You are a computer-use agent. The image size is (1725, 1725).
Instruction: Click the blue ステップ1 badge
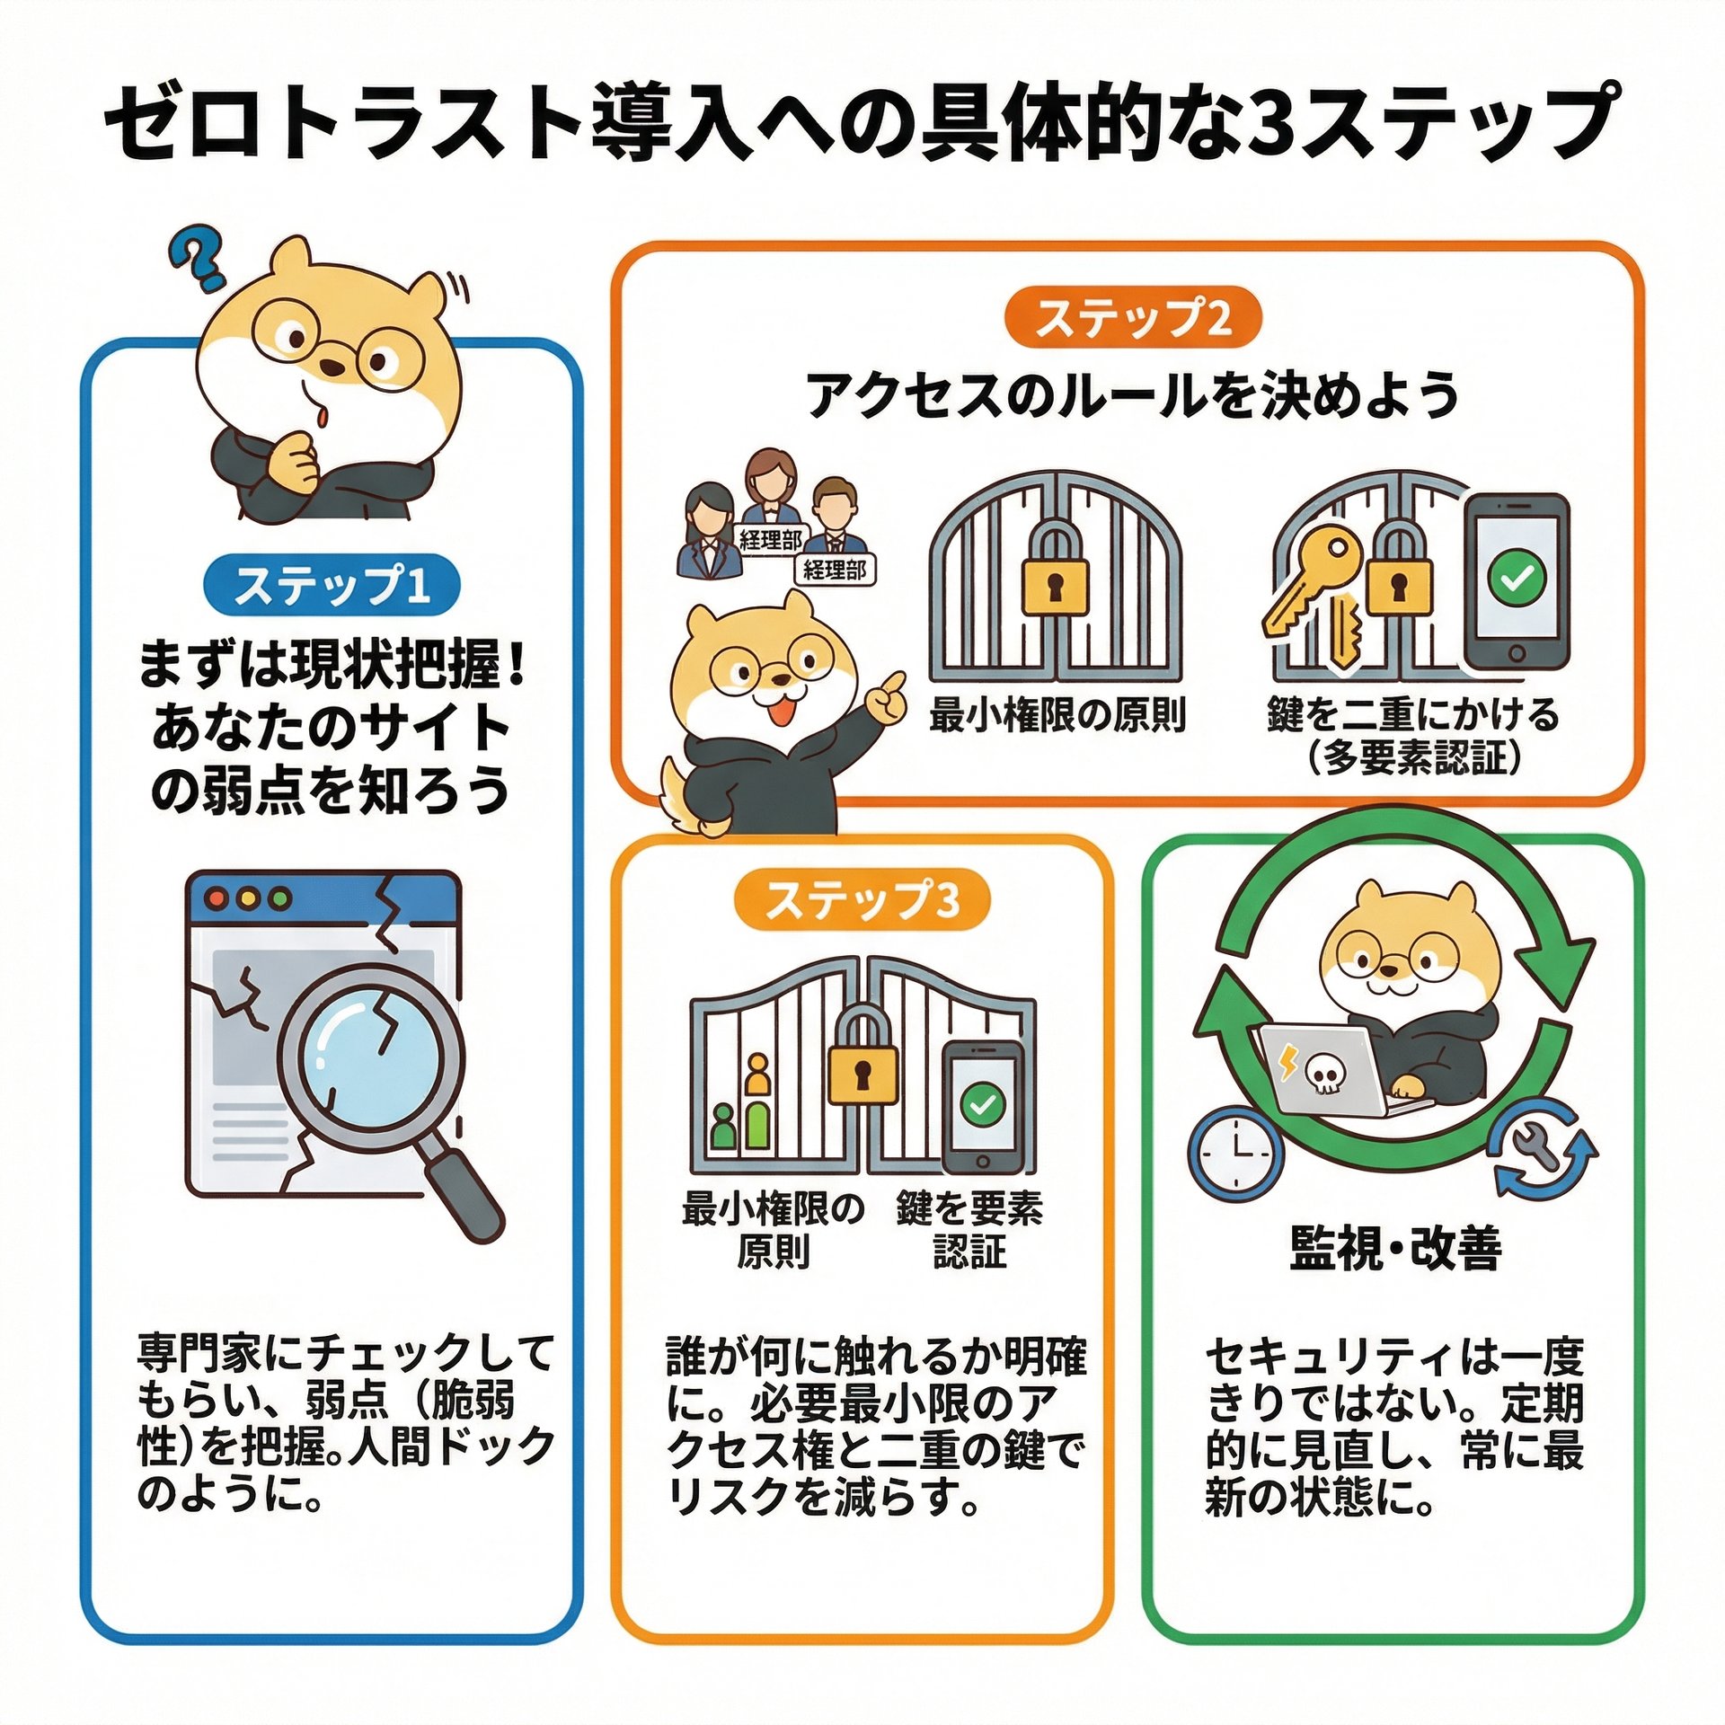332,586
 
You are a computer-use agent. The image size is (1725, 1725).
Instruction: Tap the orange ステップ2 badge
1133,318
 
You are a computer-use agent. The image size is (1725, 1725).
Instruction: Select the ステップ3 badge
862,900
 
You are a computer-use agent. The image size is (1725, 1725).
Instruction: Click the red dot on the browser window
216,898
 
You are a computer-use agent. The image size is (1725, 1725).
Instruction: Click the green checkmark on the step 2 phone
1517,578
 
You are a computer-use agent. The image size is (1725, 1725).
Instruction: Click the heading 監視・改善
1395,1249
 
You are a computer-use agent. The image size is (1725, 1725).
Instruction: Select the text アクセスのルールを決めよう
1132,394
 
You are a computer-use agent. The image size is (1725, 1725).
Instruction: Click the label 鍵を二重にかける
1412,714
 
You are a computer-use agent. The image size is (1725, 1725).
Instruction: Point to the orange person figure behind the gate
758,1076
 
